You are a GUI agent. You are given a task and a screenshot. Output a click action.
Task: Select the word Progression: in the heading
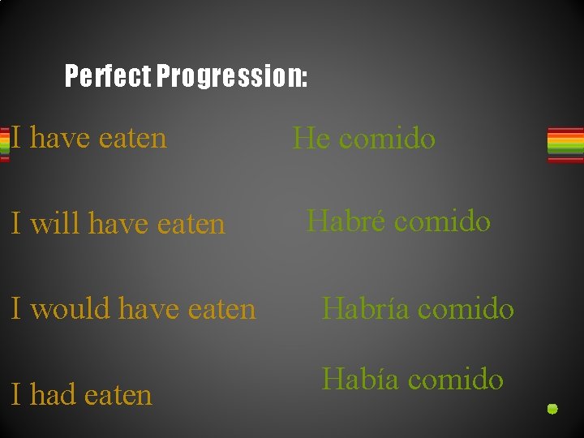(x=232, y=77)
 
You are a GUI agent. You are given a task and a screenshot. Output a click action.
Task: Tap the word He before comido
(x=311, y=139)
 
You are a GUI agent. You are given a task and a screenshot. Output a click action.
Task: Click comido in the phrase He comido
(x=387, y=139)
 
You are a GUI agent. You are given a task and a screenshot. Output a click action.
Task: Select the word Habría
(x=362, y=308)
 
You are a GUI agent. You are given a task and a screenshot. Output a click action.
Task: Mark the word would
(x=71, y=309)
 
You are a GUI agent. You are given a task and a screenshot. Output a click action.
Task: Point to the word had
(x=54, y=395)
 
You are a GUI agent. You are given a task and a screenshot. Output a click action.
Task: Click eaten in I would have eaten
(x=221, y=309)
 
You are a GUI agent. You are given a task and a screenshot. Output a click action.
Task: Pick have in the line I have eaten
(x=59, y=138)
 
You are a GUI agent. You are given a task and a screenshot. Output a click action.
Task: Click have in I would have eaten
(x=150, y=309)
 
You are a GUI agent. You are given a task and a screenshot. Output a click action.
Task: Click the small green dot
(x=552, y=409)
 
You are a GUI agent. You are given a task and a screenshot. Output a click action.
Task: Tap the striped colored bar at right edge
(x=565, y=144)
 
